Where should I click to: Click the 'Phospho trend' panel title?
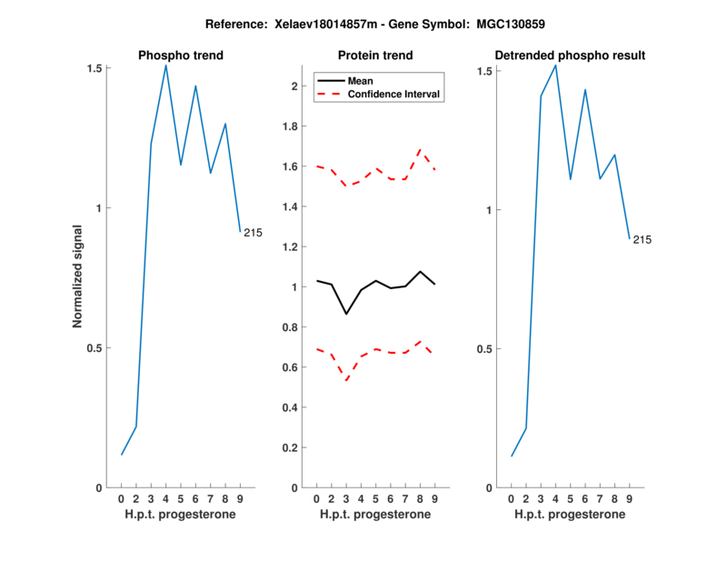coord(181,55)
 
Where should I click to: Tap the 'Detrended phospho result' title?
coord(570,55)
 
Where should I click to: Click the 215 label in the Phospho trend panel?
coord(253,233)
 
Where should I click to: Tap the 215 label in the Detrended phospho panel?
coord(642,240)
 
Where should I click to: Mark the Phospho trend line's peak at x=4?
coord(165,65)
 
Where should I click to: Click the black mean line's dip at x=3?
coord(346,314)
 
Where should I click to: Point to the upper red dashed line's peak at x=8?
coord(420,148)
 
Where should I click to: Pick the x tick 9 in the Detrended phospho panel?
coord(629,498)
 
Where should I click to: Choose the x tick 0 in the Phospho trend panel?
coord(122,498)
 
